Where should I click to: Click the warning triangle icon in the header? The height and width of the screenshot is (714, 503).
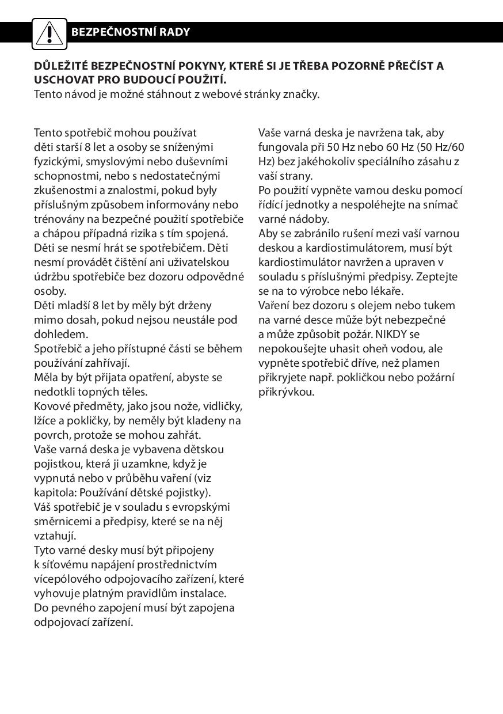click(49, 33)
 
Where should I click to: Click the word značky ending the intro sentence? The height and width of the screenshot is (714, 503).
click(301, 94)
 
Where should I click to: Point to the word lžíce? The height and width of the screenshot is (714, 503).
click(45, 420)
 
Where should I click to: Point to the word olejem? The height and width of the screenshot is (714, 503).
click(371, 305)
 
